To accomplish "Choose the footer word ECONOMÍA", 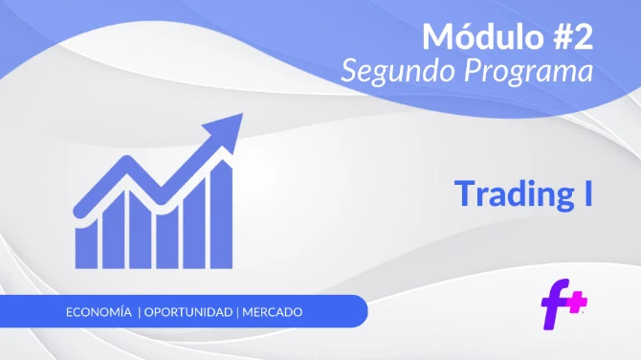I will pos(99,313).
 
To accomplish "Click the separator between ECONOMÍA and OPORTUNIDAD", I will pos(140,313).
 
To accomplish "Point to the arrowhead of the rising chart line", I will pos(231,125).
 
